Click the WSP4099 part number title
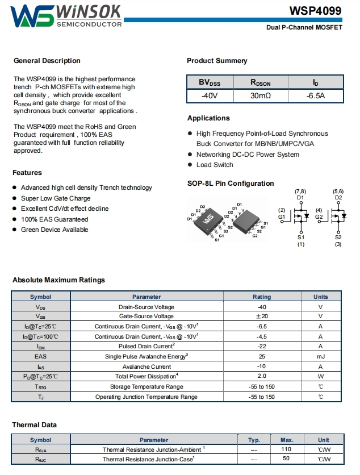316,11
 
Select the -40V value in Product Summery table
210,96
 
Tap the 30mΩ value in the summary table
261,96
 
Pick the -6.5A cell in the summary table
315,96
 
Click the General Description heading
47,61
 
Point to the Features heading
27,173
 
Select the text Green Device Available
55,230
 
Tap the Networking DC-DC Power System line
248,155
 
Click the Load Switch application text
215,165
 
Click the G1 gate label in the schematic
282,217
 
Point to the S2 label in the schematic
338,238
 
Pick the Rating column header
262,297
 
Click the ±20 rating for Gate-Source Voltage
262,316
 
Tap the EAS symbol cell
40,356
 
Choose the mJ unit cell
320,356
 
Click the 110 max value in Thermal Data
286,449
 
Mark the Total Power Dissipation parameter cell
146,376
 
